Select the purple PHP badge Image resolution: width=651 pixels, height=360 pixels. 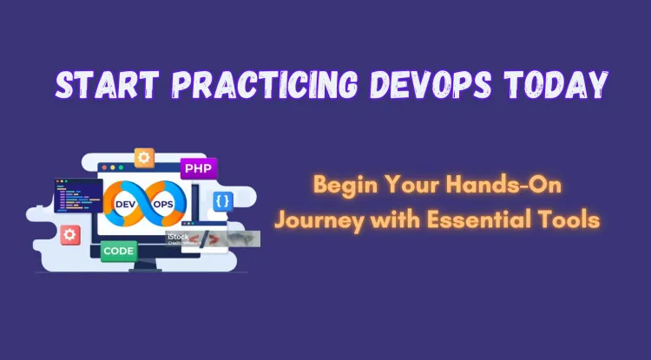pyautogui.click(x=199, y=167)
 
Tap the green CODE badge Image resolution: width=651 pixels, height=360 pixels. pyautogui.click(x=118, y=252)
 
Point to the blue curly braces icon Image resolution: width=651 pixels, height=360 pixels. pyautogui.click(x=223, y=200)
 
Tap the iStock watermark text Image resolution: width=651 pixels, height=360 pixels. pyautogui.click(x=179, y=235)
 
